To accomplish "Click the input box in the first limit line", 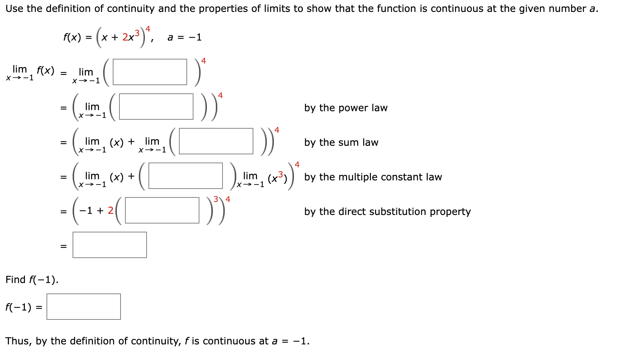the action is tap(150, 72).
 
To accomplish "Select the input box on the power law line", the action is tap(156, 106).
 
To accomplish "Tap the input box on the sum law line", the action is tap(216, 141).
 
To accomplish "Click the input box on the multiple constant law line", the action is tap(185, 176).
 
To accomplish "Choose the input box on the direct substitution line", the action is tap(162, 210).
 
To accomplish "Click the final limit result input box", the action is tap(109, 245).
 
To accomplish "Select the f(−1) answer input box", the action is tap(83, 306).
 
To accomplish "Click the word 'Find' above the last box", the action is tap(15, 280).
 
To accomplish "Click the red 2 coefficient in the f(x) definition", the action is tap(125, 37).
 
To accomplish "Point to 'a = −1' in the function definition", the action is tap(185, 37).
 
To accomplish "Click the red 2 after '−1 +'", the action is tap(110, 210).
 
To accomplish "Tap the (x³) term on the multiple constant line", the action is tap(278, 178).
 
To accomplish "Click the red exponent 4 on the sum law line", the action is tap(277, 130).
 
